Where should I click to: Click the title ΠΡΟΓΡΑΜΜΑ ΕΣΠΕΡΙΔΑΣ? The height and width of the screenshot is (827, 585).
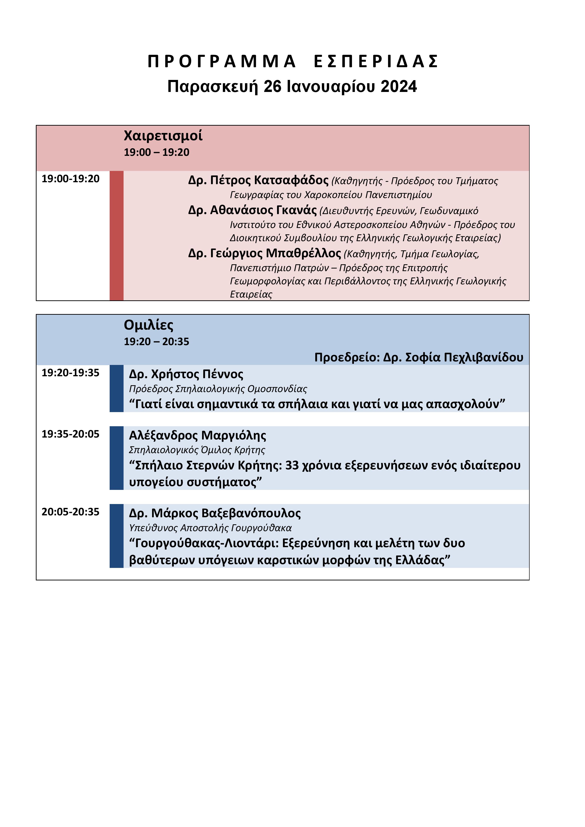coord(292,62)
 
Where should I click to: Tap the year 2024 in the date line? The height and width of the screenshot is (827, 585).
coord(398,87)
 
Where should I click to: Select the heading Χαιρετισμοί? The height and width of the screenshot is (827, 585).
coord(163,136)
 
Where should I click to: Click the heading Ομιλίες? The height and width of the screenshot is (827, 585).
coord(148,325)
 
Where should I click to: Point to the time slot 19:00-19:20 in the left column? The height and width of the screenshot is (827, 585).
coord(71,179)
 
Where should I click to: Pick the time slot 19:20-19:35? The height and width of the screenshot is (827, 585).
coord(71,373)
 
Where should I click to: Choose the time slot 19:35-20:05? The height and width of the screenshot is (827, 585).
coord(71,434)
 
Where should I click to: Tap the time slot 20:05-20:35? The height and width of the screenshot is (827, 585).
coord(71,512)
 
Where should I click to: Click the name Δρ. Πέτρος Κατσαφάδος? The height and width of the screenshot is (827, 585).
coord(258,180)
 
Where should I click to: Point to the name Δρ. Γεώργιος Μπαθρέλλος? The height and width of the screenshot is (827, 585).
coord(264,253)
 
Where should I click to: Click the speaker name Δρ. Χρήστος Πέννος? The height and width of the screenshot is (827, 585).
coord(186,374)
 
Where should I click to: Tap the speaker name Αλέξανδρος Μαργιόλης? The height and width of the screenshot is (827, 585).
coord(197,435)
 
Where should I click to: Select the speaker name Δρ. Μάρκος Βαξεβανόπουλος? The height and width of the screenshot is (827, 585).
coord(215,513)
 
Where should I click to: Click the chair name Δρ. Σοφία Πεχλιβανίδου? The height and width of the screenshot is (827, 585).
coord(453,357)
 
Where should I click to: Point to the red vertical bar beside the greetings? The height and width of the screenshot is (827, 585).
coord(116,236)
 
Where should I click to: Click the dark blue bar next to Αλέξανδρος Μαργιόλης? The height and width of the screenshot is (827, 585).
coord(116,458)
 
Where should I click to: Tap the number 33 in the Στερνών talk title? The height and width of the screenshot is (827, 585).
coord(292,465)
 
